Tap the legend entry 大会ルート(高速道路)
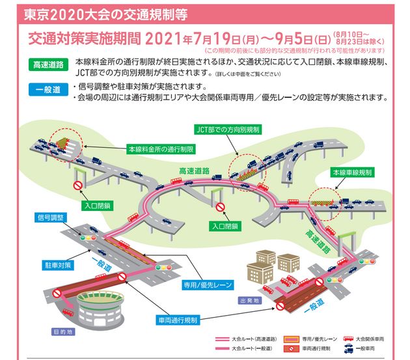[x=243, y=340]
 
